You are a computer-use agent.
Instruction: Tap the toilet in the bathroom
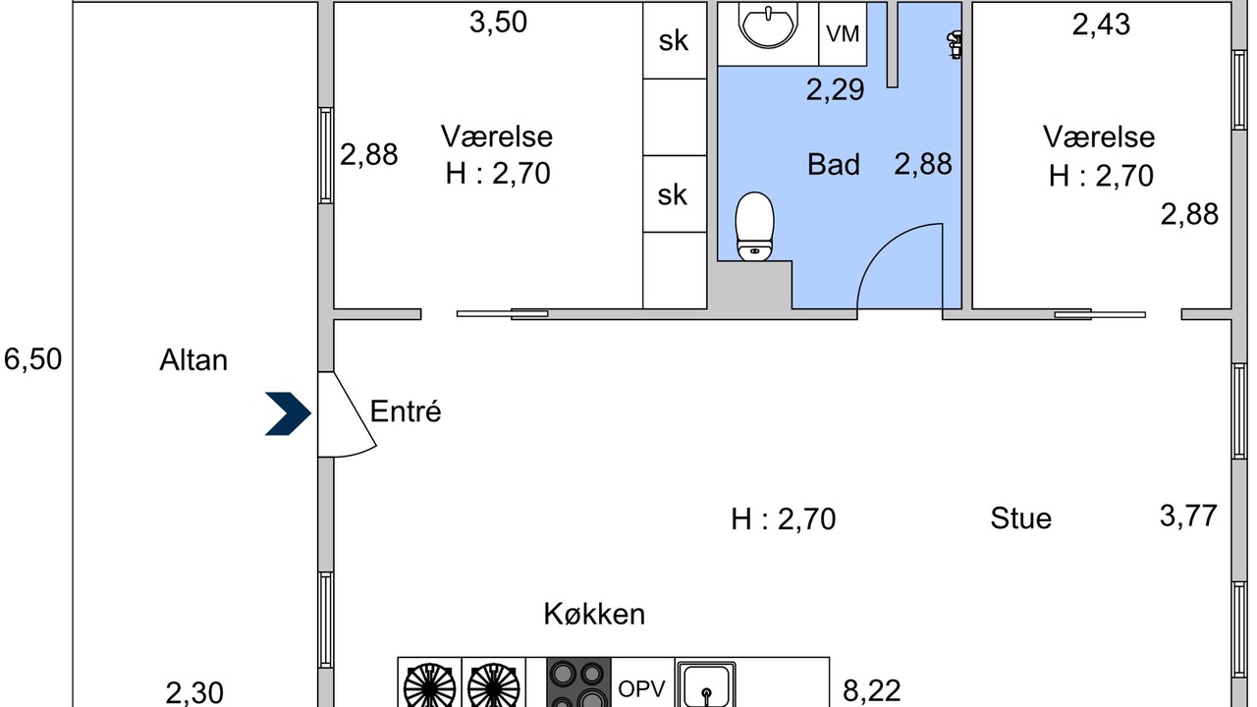point(755,227)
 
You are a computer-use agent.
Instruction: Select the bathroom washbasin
point(768,26)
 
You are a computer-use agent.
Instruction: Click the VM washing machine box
point(843,34)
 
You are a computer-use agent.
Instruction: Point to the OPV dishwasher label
point(641,688)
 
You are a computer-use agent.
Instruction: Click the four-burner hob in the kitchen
point(578,682)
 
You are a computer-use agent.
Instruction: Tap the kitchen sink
point(706,684)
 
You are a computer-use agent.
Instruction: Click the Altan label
point(193,360)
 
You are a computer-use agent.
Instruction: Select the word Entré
point(406,411)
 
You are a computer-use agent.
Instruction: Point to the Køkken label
point(594,614)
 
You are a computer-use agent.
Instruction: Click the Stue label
point(1020,517)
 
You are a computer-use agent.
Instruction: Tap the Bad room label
point(834,164)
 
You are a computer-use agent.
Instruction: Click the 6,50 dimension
point(32,359)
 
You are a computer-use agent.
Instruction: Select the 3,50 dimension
point(498,23)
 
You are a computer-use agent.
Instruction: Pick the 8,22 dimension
point(872,690)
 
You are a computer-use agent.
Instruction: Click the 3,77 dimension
point(1188,516)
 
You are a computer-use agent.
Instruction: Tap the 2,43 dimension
point(1101,25)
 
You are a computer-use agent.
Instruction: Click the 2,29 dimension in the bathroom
point(835,89)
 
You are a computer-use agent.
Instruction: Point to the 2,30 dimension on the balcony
point(194,693)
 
